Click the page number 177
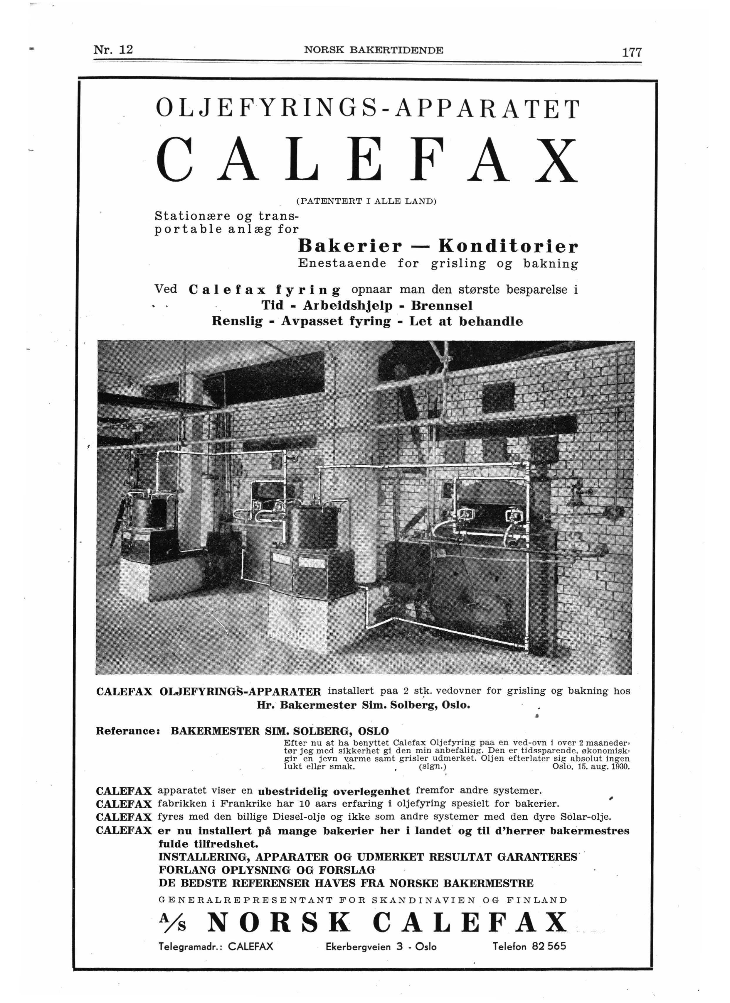(x=631, y=52)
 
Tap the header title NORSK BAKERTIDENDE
(x=374, y=50)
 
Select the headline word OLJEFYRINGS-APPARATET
(x=367, y=109)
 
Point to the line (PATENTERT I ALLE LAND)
(x=366, y=201)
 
